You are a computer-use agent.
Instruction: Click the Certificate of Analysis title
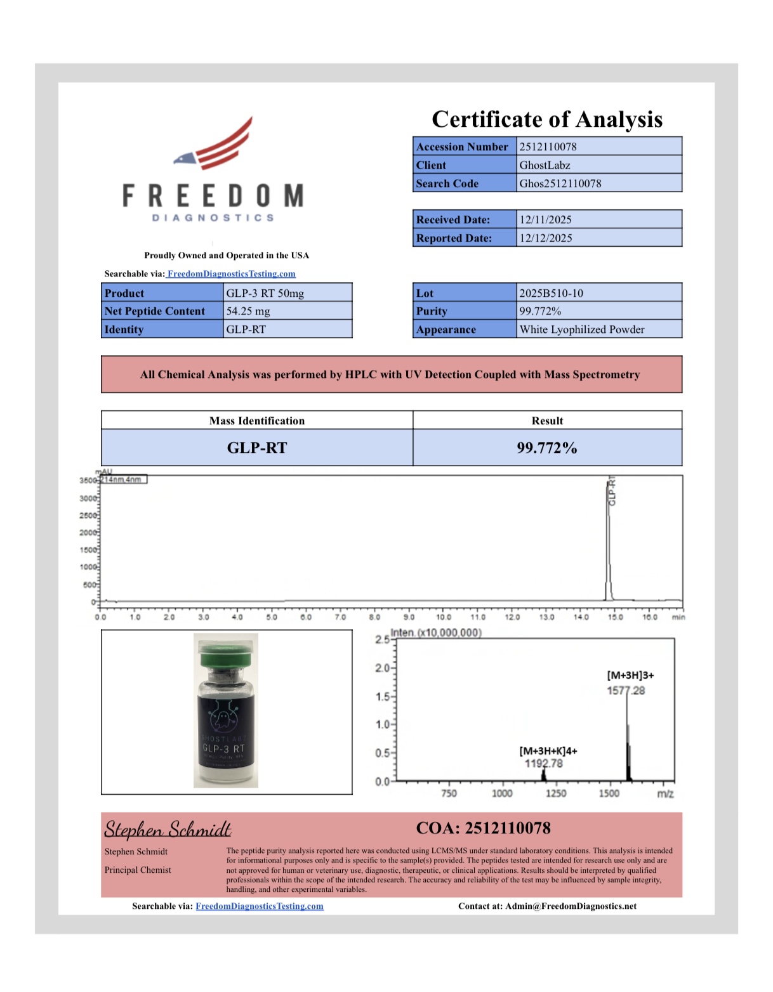[547, 119]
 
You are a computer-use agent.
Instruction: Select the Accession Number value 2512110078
[548, 147]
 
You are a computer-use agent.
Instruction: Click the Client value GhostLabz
[545, 165]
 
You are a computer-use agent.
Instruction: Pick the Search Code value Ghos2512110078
[560, 183]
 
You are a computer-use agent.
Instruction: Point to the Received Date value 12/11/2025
[546, 219]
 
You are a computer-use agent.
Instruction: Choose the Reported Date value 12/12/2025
[546, 238]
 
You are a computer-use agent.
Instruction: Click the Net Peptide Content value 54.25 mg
[248, 311]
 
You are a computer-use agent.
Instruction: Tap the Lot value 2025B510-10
[552, 293]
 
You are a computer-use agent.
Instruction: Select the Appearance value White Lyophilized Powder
[582, 329]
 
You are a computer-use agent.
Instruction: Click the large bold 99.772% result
[547, 448]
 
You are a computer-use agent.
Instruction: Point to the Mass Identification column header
[257, 421]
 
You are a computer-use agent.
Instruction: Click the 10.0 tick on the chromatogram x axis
[444, 617]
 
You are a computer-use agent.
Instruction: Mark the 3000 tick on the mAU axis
[88, 499]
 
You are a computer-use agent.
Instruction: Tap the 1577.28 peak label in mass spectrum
[626, 691]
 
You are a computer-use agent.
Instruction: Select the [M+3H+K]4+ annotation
[548, 751]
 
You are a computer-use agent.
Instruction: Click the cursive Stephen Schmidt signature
[168, 830]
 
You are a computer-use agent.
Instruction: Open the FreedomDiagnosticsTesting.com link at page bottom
[260, 906]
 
